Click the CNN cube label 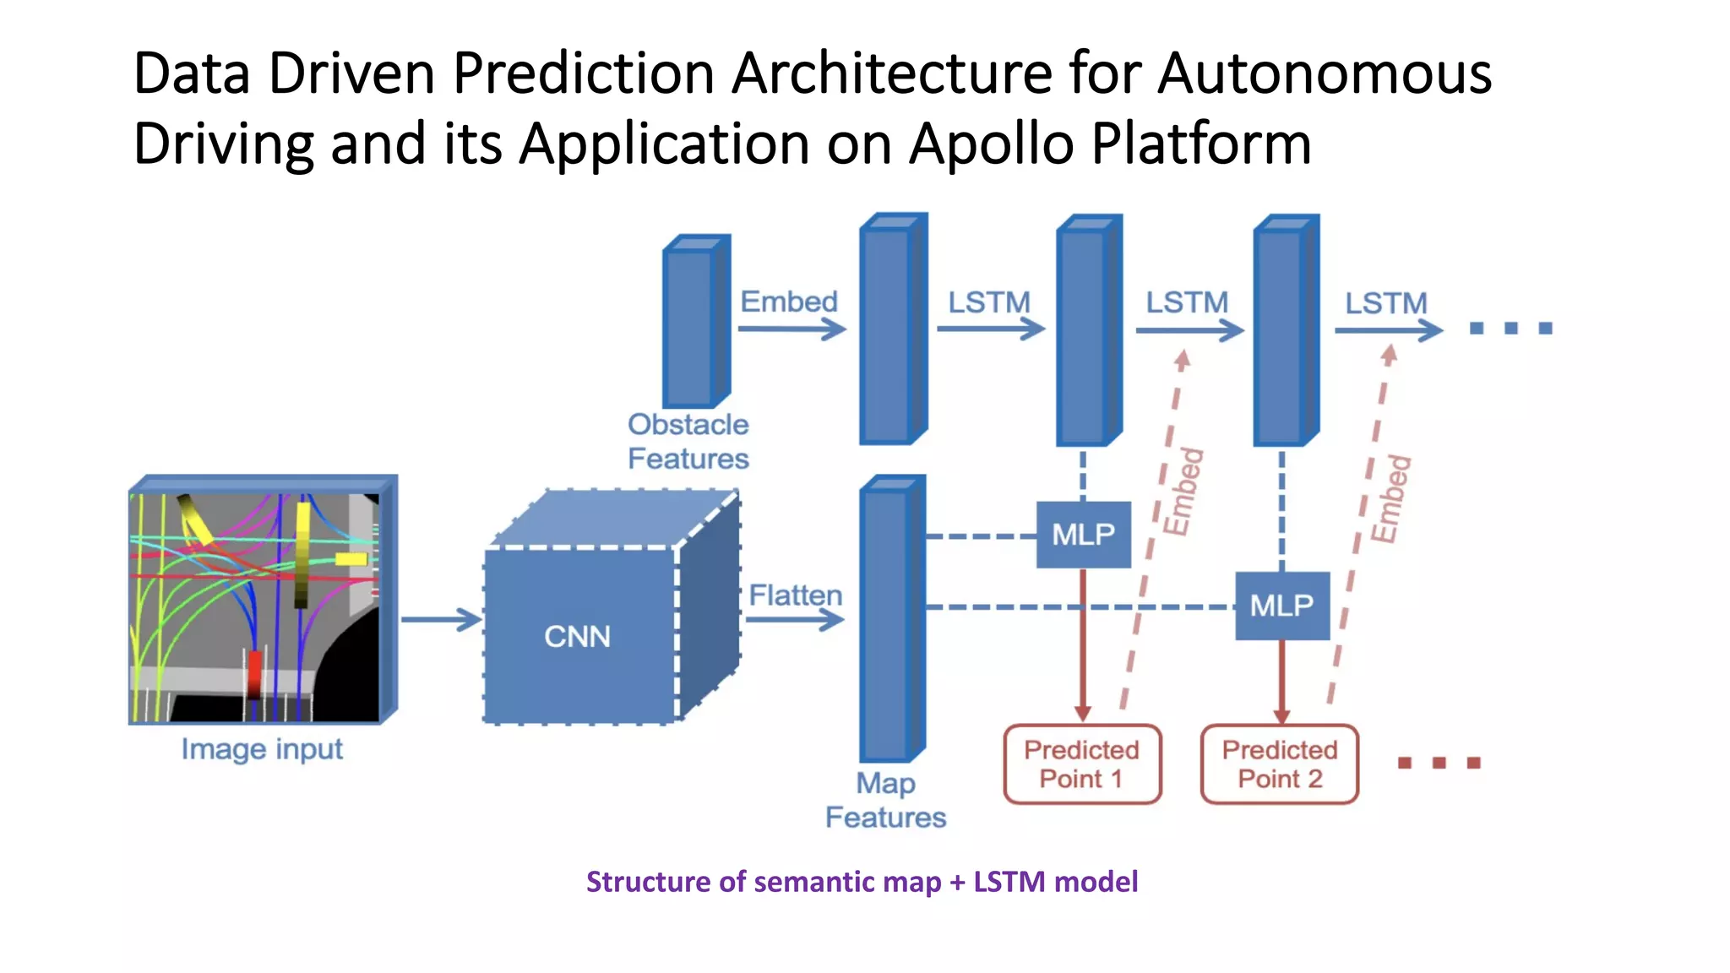click(x=577, y=637)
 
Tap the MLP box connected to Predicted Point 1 click(x=1083, y=535)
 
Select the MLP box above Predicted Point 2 click(x=1281, y=606)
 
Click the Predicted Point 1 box click(x=1082, y=764)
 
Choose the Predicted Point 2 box click(x=1280, y=764)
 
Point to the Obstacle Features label click(x=688, y=442)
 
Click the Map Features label click(x=885, y=801)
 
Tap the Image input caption click(x=262, y=749)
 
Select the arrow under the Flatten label click(x=795, y=621)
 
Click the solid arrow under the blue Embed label click(x=792, y=329)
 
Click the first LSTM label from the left click(x=988, y=302)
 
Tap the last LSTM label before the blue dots click(x=1385, y=303)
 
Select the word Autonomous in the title click(x=1324, y=73)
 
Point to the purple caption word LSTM click(x=1009, y=882)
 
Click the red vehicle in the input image click(x=254, y=673)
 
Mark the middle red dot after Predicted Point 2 click(x=1439, y=763)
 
